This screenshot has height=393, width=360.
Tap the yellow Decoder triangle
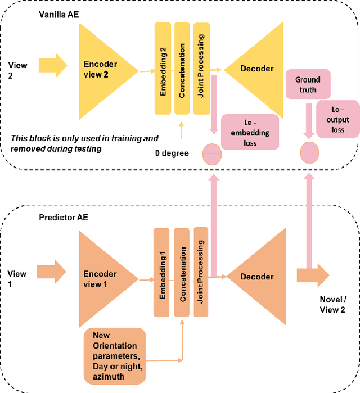click(x=256, y=69)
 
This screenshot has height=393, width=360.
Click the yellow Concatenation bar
click(x=182, y=67)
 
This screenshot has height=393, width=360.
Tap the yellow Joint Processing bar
click(x=201, y=67)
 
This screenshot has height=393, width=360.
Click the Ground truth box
click(x=308, y=85)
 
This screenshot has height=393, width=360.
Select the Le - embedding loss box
click(x=250, y=132)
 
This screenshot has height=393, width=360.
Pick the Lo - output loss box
click(x=337, y=119)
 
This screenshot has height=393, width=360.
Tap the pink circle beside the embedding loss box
click(x=212, y=153)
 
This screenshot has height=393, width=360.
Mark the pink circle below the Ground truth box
click(x=309, y=153)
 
